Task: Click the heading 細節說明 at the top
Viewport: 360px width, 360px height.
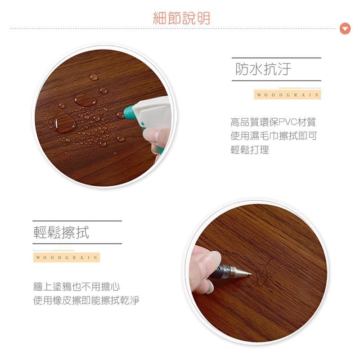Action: coord(181,18)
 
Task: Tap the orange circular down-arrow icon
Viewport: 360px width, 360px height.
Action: coord(345,29)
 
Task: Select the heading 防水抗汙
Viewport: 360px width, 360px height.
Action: coord(263,69)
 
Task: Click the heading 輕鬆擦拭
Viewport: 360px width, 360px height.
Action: coord(61,232)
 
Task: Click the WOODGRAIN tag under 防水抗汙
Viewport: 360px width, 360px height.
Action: coord(287,95)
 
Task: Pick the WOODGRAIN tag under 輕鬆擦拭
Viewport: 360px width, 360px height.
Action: coord(66,257)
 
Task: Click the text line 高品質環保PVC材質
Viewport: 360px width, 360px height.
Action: coord(273,122)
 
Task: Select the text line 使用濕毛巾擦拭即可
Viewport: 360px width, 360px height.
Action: coord(274,136)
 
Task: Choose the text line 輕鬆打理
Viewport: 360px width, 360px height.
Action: coord(250,150)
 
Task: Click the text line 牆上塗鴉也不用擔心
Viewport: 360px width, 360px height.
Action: coord(76,287)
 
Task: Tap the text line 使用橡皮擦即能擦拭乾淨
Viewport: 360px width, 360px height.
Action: coord(86,300)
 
